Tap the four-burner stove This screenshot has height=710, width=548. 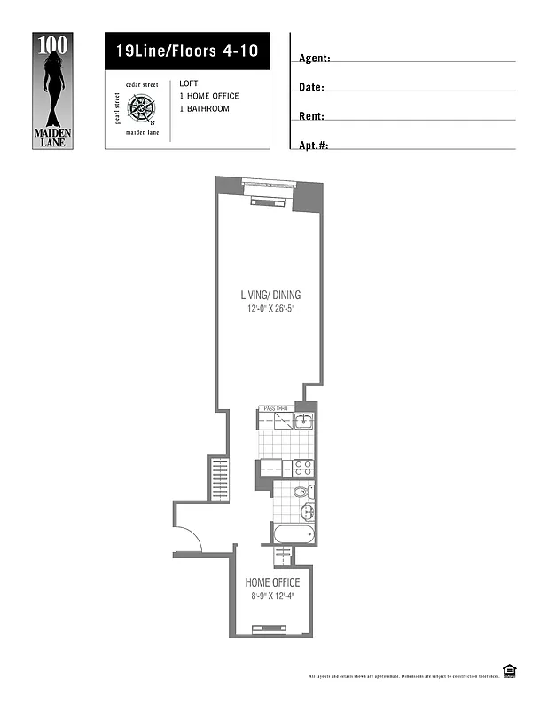point(302,467)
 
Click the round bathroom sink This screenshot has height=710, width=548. point(307,512)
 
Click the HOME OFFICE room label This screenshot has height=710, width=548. point(272,582)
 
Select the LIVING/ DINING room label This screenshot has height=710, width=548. point(276,295)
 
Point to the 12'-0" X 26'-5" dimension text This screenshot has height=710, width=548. point(276,310)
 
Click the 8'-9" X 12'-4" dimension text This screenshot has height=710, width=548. point(272,596)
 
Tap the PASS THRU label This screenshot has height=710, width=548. point(276,408)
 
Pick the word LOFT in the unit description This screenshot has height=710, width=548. point(188,83)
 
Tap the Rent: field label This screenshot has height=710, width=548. point(311,116)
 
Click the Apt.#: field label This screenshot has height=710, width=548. point(314,145)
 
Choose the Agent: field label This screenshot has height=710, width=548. point(315,59)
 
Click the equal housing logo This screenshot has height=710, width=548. point(509,670)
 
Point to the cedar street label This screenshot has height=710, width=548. point(141,84)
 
